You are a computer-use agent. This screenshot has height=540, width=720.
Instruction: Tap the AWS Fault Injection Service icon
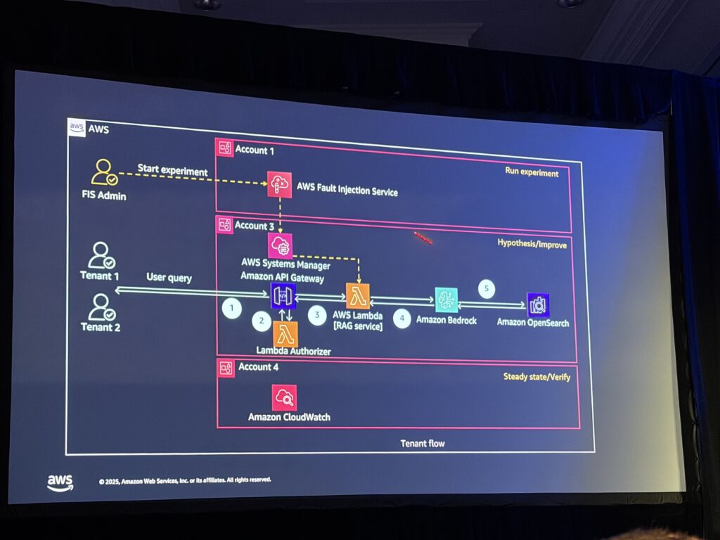[279, 184]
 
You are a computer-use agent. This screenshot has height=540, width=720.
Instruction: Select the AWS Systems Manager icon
[280, 246]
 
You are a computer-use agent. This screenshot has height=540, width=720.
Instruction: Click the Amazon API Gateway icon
[283, 297]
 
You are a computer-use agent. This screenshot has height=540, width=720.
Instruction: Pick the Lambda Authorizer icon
[285, 334]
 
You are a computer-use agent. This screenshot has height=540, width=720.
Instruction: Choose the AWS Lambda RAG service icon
[358, 296]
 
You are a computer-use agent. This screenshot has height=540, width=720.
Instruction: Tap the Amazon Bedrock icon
[446, 300]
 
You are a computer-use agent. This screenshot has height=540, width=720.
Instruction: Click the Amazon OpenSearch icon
[538, 304]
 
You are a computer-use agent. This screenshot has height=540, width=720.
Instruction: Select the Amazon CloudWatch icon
[284, 397]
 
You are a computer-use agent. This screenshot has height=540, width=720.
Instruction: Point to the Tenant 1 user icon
[101, 255]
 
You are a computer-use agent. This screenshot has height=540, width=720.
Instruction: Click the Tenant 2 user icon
[101, 306]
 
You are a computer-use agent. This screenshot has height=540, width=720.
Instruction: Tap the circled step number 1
[231, 307]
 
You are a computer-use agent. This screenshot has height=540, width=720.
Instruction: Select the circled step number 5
[487, 288]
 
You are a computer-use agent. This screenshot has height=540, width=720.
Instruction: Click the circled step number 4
[402, 318]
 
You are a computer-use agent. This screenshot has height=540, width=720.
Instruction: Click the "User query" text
[169, 278]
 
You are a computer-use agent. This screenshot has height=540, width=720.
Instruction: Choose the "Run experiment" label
[532, 172]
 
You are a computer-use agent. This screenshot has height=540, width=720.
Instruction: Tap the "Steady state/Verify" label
[536, 377]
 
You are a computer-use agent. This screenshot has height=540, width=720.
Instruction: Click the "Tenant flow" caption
[423, 444]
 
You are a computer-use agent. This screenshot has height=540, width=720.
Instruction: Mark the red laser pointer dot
[423, 238]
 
